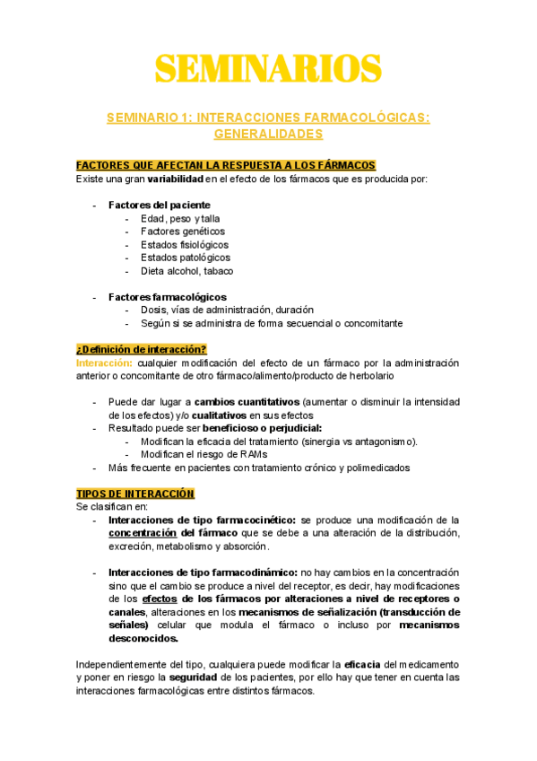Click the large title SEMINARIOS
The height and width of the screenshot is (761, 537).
(268, 69)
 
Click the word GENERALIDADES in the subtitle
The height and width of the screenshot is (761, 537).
(268, 134)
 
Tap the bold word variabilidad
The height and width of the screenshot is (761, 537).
(173, 179)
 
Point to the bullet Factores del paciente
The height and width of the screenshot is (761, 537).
(153, 206)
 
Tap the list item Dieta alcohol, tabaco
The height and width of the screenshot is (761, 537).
(187, 271)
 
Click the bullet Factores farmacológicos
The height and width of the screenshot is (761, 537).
(167, 297)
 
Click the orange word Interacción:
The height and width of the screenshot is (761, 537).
(104, 363)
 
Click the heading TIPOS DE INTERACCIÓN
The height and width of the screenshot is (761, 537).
(135, 494)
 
